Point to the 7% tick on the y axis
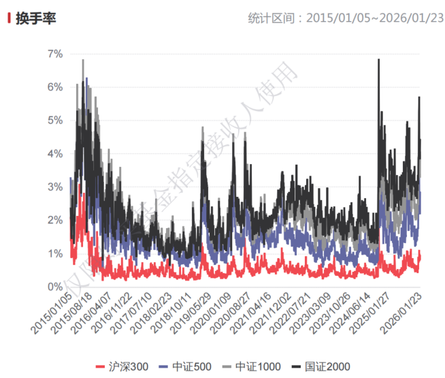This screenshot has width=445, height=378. coord(54,54)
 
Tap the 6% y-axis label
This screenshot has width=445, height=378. coord(54,87)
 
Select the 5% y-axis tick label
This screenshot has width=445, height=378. coord(54,121)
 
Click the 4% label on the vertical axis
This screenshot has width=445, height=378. coord(54,154)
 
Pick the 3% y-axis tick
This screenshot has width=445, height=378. coord(54,187)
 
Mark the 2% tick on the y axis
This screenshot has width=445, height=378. coord(54,220)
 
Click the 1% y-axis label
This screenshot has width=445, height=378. coord(54,253)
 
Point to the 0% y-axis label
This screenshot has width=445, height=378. coord(54,287)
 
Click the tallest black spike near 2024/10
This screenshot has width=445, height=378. coord(378,60)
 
